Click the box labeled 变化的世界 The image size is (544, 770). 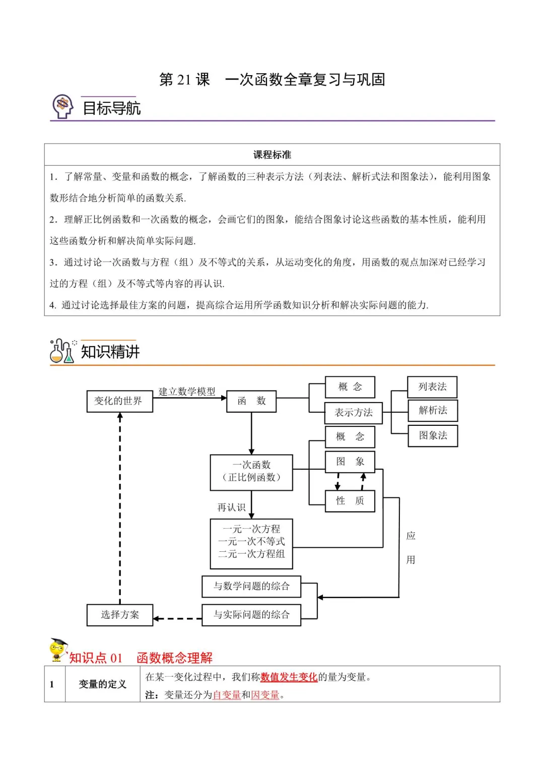click(x=119, y=401)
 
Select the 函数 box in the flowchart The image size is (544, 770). click(x=251, y=401)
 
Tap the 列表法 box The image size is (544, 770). click(x=432, y=387)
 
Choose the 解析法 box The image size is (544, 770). click(x=432, y=410)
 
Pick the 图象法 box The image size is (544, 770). click(x=432, y=435)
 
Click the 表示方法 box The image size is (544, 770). click(x=353, y=413)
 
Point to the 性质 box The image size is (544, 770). click(x=350, y=501)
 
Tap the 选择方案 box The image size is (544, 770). click(x=119, y=615)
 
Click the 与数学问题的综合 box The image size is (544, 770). click(x=251, y=586)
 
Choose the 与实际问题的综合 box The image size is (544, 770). click(x=251, y=615)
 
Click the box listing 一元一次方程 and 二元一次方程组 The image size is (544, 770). click(x=251, y=543)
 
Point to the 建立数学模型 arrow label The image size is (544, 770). click(x=187, y=392)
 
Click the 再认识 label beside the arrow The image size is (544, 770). click(x=231, y=507)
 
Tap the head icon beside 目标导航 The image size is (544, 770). click(x=63, y=106)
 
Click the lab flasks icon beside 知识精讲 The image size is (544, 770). click(x=62, y=351)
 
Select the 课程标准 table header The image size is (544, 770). click(x=272, y=155)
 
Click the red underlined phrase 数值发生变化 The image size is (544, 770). click(x=289, y=677)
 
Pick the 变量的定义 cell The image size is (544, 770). click(x=102, y=684)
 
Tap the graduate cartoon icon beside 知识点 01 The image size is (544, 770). click(x=57, y=650)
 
